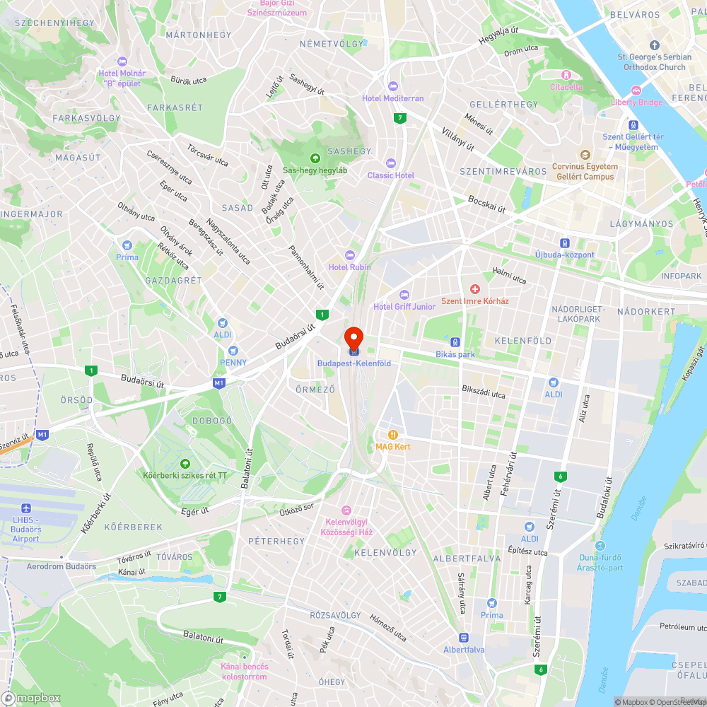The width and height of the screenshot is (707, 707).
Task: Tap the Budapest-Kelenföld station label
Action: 354,363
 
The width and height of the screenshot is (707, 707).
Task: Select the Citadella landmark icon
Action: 566,75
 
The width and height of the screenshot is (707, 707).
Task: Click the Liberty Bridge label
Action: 637,103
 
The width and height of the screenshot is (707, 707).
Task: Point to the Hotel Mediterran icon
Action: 393,86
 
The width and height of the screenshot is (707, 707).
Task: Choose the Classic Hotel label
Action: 391,175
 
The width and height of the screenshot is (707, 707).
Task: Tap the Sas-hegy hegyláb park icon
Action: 315,158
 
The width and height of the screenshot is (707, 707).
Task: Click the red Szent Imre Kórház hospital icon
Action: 475,288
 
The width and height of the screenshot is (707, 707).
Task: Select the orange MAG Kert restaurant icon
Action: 392,435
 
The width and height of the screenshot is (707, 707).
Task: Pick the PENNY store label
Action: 233,362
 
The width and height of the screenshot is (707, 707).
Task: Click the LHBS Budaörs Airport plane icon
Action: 26,509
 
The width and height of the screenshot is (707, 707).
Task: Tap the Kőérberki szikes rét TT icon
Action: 185,463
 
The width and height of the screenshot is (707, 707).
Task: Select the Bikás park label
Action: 455,354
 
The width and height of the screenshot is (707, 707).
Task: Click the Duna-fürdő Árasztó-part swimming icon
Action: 600,546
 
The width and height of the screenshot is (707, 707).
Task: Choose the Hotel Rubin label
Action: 349,267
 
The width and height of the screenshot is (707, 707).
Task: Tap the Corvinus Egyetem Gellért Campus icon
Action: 585,155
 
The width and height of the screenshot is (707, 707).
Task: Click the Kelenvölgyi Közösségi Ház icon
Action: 346,510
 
